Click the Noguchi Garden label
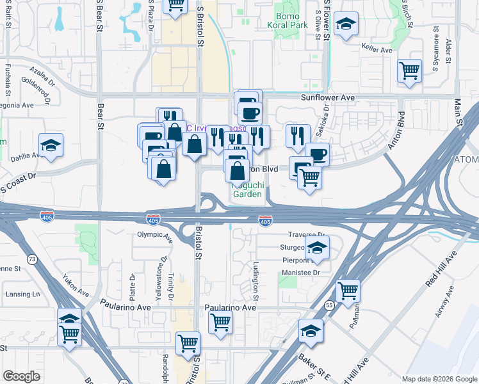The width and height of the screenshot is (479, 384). [x=247, y=189]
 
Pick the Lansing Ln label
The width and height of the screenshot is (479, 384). [x=22, y=294]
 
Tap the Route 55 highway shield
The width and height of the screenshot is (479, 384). [x=329, y=306]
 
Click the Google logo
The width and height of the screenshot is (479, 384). [x=21, y=376]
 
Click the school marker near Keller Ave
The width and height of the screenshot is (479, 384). [x=346, y=24]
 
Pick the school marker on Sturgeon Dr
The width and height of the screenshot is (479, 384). [x=316, y=247]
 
